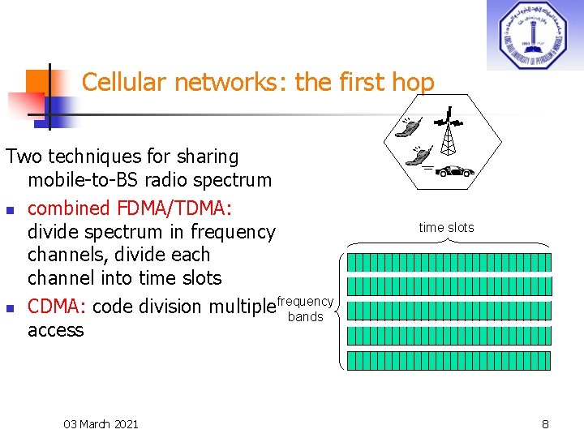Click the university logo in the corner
pos(535,35)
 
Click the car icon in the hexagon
pos(456,171)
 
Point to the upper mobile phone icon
pos(409,127)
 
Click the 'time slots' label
pos(446,228)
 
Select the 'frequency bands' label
pos(305,309)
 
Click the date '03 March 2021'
pos(101,423)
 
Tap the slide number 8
pos(545,423)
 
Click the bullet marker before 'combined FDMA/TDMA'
pos(10,208)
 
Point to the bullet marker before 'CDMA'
pos(10,307)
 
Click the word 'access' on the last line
pos(55,330)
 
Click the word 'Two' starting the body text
pos(23,156)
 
